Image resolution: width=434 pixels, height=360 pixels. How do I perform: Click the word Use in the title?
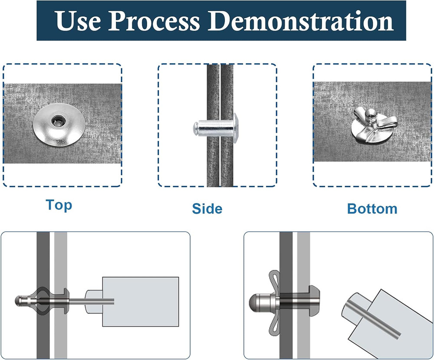[78, 21]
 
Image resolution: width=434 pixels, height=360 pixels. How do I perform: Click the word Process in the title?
[154, 21]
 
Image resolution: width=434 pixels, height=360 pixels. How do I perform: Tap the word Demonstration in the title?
[301, 21]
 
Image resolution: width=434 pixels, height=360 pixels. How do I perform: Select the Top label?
[59, 205]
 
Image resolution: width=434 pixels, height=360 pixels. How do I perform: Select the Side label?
[207, 209]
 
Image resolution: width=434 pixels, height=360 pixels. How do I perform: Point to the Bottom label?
[372, 209]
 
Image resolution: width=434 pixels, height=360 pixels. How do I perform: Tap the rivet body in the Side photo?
[214, 128]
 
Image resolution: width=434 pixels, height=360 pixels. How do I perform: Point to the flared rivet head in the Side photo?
[236, 128]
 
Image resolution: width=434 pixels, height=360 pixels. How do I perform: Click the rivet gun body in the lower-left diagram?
[140, 301]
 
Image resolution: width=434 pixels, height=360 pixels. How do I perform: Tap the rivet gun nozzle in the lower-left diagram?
[94, 301]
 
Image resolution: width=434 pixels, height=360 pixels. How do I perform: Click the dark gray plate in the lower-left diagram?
[43, 295]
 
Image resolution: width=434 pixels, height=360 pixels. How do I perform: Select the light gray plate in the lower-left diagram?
[61, 295]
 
